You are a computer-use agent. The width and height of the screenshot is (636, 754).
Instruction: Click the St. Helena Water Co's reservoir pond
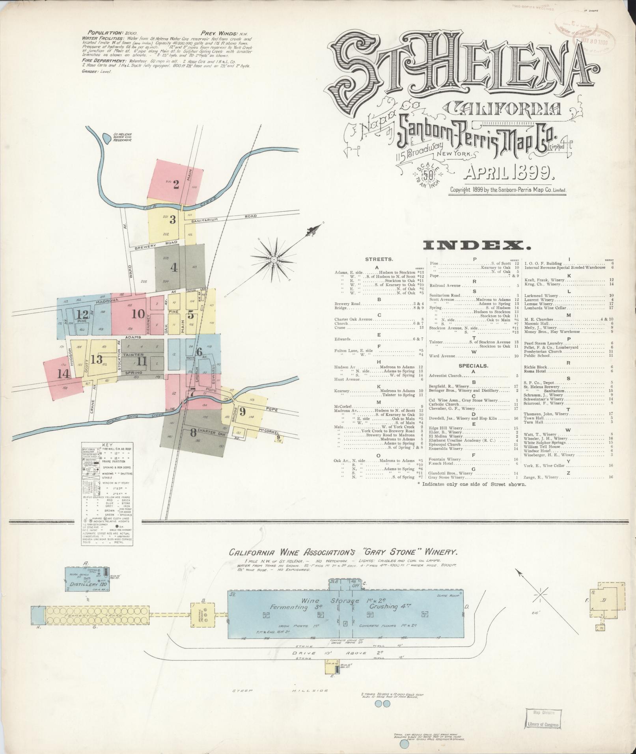coord(106,138)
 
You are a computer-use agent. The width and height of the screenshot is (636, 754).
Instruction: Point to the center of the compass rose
coord(274,259)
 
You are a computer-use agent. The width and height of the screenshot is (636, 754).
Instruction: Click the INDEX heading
coord(476,246)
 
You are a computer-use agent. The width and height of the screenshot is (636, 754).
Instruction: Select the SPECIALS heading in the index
coord(473,366)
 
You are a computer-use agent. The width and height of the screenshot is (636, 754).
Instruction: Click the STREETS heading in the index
coord(379,259)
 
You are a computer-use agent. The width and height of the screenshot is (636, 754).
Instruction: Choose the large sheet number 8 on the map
coord(193,432)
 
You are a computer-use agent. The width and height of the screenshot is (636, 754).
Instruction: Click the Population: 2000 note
coord(112,33)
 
